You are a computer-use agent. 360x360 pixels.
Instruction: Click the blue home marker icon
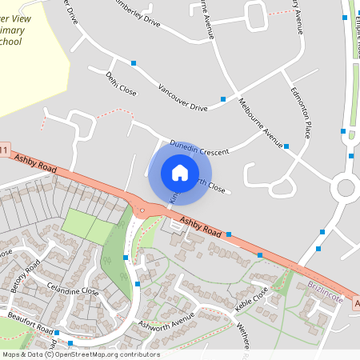click(180, 172)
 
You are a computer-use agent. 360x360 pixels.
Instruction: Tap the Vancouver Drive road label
click(182, 97)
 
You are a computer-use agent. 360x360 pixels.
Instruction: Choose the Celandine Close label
click(73, 290)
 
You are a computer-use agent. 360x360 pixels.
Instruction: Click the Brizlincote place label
click(325, 292)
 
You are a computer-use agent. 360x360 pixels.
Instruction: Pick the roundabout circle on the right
click(346, 188)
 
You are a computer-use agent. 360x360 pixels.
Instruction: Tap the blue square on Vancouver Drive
click(134, 62)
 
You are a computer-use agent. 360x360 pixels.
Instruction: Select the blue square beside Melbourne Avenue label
click(286, 146)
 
